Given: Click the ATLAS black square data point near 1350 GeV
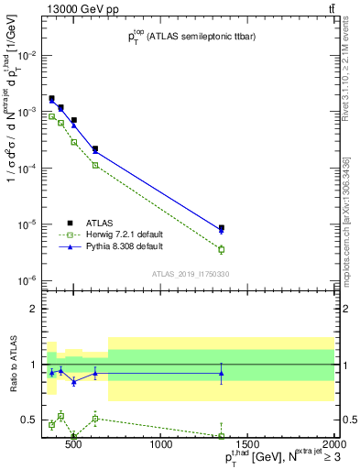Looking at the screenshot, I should (222, 228).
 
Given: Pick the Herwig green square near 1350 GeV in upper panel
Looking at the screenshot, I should (222, 249).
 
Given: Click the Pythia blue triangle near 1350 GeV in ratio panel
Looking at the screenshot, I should (222, 373).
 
